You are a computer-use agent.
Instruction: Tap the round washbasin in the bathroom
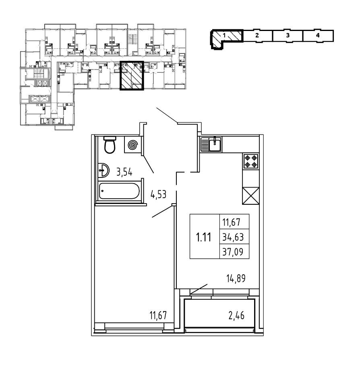pyautogui.click(x=103, y=171)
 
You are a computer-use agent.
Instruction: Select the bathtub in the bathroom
pyautogui.click(x=120, y=192)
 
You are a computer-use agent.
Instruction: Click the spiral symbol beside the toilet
pyautogui.click(x=132, y=145)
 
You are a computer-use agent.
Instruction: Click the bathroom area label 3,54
pyautogui.click(x=125, y=173)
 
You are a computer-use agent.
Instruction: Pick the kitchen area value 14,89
pyautogui.click(x=236, y=278)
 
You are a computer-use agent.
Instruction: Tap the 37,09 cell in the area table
pyautogui.click(x=233, y=252)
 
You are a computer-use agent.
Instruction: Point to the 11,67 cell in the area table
pyautogui.click(x=233, y=221)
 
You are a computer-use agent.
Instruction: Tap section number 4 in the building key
pyautogui.click(x=318, y=35)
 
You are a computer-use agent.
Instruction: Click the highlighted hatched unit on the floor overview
pyautogui.click(x=132, y=76)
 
